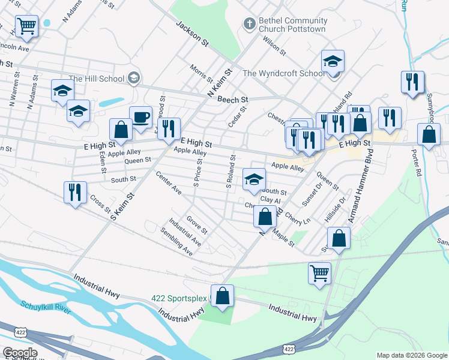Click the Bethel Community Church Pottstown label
292,24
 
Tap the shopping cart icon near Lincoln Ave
26,26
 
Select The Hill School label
97,79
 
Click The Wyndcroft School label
284,73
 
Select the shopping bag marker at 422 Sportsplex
222,296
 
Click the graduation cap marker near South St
254,179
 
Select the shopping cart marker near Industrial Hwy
320,274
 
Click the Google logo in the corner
19,352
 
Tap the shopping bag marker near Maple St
265,217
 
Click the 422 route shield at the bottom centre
289,349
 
